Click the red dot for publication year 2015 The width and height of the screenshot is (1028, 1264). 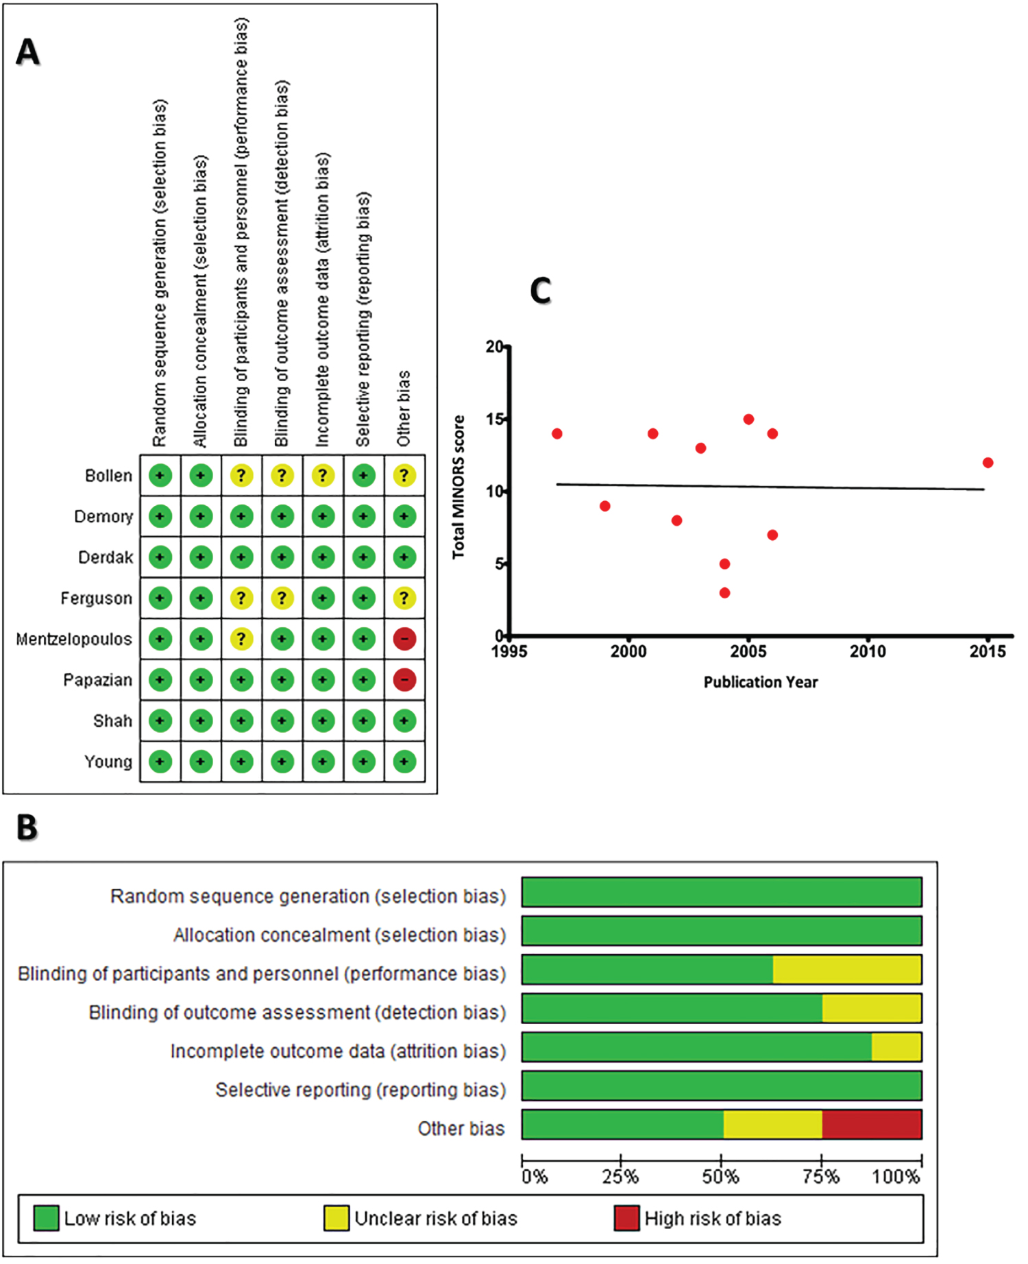(x=988, y=463)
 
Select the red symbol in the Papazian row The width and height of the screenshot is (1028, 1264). (x=404, y=680)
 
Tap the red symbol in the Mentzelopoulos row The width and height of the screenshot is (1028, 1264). (x=404, y=639)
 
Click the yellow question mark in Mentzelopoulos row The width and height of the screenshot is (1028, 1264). (x=241, y=639)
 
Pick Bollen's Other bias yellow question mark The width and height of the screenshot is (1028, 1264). (x=404, y=475)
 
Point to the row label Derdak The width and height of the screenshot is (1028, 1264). (x=106, y=557)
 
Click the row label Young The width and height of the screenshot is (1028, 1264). (x=108, y=762)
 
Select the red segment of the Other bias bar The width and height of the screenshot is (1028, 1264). (x=872, y=1124)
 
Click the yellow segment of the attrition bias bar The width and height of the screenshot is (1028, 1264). (x=896, y=1047)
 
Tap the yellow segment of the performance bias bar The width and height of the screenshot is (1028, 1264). (x=847, y=969)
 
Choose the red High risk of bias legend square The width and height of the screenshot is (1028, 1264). (x=626, y=1218)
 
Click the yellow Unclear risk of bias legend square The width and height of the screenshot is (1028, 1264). (x=336, y=1218)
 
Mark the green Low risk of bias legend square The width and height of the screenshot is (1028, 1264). (x=46, y=1218)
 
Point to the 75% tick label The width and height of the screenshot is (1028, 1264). (x=821, y=1177)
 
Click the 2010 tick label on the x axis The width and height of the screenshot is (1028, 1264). (x=868, y=651)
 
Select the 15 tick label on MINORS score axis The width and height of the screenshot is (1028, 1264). (x=495, y=419)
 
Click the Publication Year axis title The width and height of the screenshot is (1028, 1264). (x=761, y=682)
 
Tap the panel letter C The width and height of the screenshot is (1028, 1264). (x=541, y=291)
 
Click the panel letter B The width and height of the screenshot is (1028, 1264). (x=27, y=827)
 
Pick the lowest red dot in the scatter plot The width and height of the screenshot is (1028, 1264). (x=724, y=592)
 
